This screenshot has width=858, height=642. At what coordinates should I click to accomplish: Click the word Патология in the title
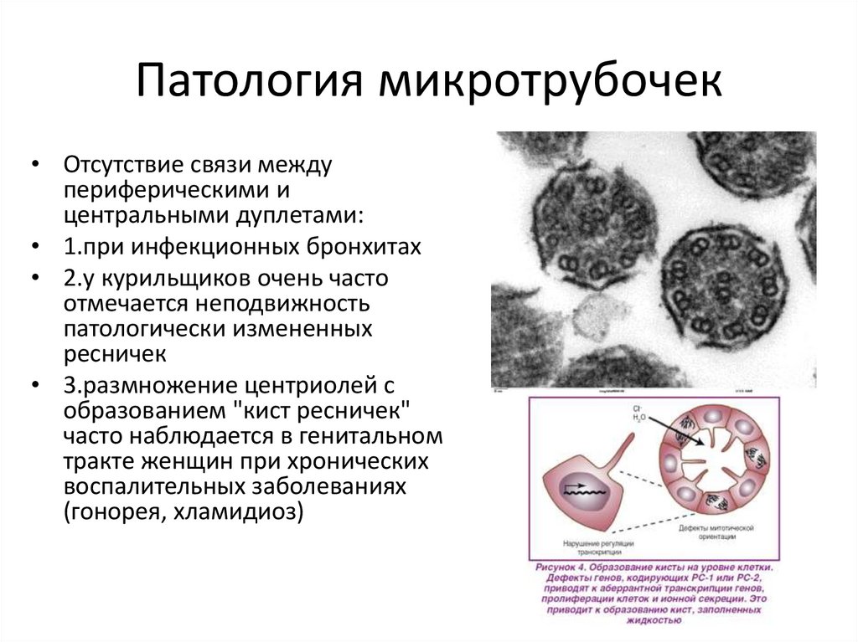tap(251, 82)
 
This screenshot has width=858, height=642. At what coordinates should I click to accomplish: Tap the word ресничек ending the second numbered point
tap(115, 352)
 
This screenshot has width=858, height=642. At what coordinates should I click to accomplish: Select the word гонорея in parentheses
tap(116, 511)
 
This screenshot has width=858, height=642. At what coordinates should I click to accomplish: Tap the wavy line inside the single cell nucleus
tap(578, 492)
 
